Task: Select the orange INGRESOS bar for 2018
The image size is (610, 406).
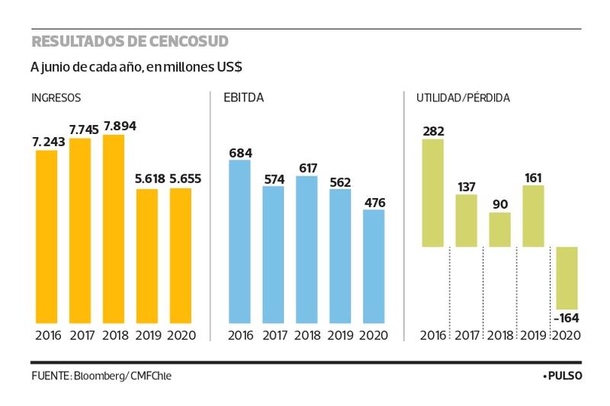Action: point(114,229)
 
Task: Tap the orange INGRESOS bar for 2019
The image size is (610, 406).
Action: point(147,255)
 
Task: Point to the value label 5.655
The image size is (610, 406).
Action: point(181,180)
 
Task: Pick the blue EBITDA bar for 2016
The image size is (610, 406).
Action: point(240,240)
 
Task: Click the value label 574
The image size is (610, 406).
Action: point(274,178)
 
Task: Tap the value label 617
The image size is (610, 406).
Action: point(307,168)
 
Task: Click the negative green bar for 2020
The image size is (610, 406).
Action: point(567,277)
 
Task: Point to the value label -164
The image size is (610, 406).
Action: point(567,317)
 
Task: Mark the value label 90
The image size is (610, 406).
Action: point(499,204)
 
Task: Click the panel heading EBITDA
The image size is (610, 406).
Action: point(243,98)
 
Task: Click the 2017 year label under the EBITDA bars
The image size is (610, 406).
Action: point(274,335)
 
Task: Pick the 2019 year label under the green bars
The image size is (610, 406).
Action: point(533,335)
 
